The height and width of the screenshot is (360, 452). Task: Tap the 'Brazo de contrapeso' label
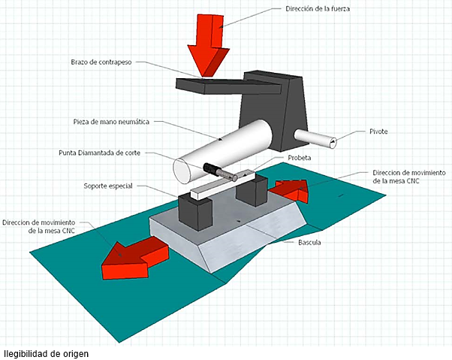[101, 62]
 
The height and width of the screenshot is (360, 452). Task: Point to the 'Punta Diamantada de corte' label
[98, 153]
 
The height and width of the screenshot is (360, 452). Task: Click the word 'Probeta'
[299, 158]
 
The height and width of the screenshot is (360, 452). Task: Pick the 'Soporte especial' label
[108, 186]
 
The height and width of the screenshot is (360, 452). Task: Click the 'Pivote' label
[378, 132]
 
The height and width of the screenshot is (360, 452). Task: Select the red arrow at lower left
[131, 254]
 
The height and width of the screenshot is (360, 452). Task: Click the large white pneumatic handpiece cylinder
[225, 150]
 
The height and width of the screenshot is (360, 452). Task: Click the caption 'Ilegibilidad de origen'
[50, 352]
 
